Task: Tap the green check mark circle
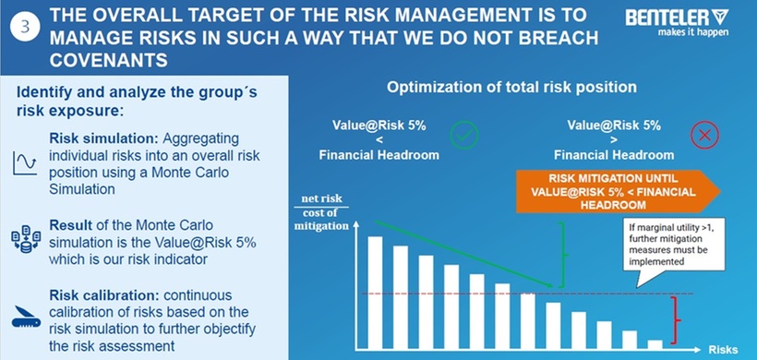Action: [464, 135]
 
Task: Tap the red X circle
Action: [704, 135]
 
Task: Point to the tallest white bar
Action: [375, 293]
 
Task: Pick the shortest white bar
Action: [655, 344]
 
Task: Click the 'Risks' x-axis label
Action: [723, 350]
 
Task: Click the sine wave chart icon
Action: [25, 162]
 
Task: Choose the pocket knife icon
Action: [26, 317]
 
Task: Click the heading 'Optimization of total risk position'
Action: [511, 88]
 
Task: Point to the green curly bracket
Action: [563, 255]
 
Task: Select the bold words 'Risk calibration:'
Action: [106, 294]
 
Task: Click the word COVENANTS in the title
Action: [109, 60]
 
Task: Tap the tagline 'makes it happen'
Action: [693, 33]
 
